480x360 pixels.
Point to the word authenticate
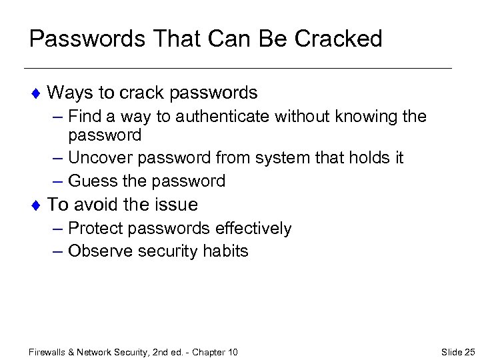point(217,117)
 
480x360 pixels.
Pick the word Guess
point(89,181)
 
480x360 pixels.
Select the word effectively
point(255,229)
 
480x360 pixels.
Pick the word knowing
point(361,117)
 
